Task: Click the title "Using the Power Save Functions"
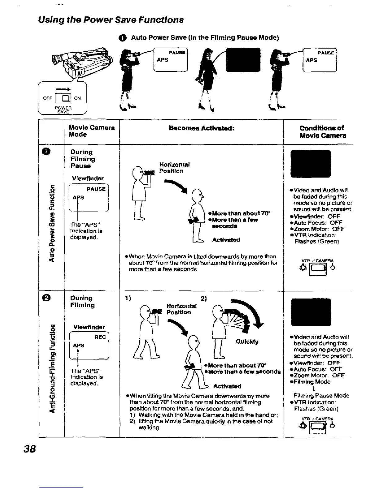111,20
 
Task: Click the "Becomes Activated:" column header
201,128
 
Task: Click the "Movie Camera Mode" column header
92,131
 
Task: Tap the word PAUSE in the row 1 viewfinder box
96,189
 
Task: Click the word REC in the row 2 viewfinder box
100,337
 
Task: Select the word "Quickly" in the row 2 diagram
247,342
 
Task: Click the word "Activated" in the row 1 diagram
226,240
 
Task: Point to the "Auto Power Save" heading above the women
204,38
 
